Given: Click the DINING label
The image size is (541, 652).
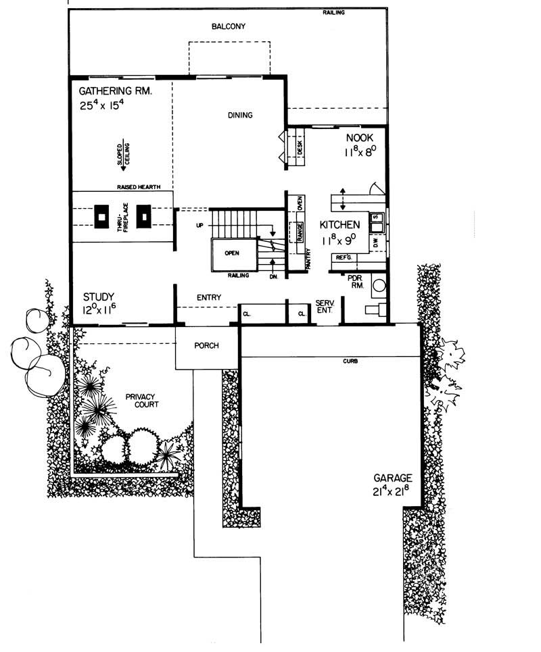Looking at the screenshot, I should [x=239, y=116].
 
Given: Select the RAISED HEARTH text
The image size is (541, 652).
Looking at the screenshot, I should [x=139, y=187].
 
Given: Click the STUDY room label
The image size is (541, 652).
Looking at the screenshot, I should [x=99, y=297].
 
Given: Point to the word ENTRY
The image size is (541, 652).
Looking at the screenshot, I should [x=209, y=298].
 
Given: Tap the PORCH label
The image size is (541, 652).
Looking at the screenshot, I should [x=207, y=346].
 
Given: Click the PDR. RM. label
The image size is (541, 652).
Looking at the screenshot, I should [x=356, y=281].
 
